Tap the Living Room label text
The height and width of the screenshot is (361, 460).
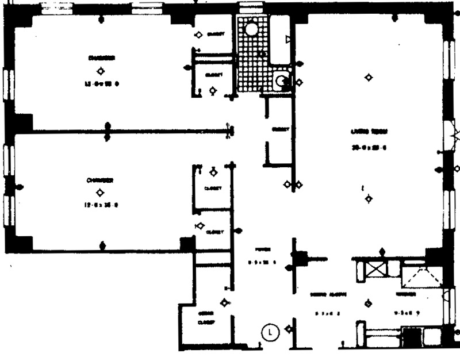click(368, 132)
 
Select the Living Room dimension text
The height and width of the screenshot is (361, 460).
click(368, 148)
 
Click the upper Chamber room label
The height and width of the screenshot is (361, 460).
click(101, 58)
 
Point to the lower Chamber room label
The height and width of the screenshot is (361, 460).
click(99, 180)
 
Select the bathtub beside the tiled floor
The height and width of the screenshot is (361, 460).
click(281, 39)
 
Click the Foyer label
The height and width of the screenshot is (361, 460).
click(262, 249)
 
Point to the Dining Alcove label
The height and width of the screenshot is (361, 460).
click(328, 294)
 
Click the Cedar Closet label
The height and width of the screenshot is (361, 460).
click(205, 318)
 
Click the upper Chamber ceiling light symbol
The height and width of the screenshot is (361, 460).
click(101, 71)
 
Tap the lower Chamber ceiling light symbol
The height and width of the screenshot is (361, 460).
click(99, 193)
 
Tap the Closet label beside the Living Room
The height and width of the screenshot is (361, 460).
click(279, 129)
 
